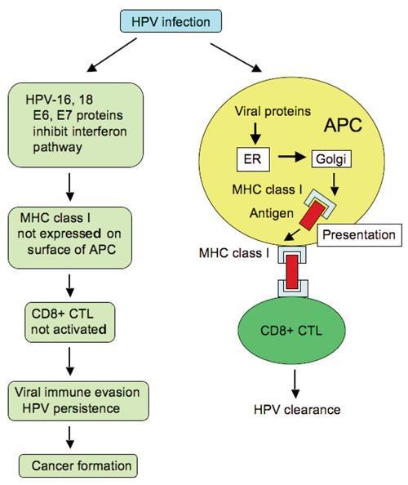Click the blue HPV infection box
tap(171, 21)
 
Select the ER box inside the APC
tap(253, 159)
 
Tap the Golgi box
tap(331, 159)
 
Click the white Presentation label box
tap(359, 235)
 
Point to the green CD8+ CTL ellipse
tap(291, 331)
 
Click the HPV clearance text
tap(297, 410)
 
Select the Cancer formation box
tap(78, 465)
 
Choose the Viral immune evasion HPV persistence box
tap(78, 401)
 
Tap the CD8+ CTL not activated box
tap(70, 323)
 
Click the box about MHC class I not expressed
tap(70, 238)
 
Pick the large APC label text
tap(343, 125)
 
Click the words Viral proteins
tap(273, 111)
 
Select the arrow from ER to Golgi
tap(291, 157)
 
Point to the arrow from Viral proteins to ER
tap(255, 133)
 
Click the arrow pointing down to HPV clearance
tap(295, 384)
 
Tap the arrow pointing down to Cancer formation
tap(70, 438)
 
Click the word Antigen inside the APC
tap(272, 213)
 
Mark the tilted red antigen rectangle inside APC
tap(313, 215)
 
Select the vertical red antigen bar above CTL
tap(292, 272)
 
